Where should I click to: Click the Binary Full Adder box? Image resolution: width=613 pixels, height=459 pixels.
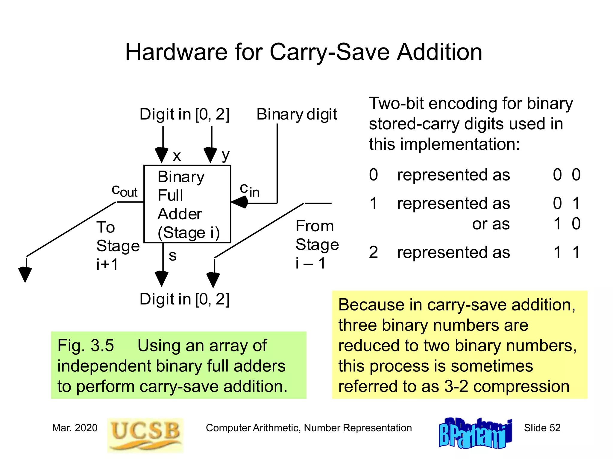pos(187,204)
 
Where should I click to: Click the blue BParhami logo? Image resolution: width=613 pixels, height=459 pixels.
pos(475,433)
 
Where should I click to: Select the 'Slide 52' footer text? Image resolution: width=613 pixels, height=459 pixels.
pos(542,428)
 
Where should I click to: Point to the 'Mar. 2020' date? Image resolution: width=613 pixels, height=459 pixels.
pos(75,428)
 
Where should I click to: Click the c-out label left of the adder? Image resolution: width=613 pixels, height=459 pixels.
pos(124,191)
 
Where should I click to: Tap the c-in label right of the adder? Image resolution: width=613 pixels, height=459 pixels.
pos(249,190)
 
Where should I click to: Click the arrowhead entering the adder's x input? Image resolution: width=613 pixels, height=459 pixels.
pos(162,155)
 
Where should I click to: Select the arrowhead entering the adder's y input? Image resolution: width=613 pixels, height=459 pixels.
pos(210,155)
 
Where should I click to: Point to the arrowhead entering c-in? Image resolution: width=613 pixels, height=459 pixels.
pos(240,203)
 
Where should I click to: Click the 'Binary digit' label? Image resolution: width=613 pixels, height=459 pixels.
pos(297,114)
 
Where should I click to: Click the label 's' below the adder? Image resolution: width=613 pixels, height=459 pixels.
pos(172,256)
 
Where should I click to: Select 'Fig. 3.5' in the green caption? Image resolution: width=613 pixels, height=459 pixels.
pos(86,346)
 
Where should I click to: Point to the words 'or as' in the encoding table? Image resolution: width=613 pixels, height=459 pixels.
pos(491,224)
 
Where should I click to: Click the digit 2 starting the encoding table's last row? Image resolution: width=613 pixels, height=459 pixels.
pos(373,253)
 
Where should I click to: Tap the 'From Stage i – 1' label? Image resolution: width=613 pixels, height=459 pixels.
pos(317,244)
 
